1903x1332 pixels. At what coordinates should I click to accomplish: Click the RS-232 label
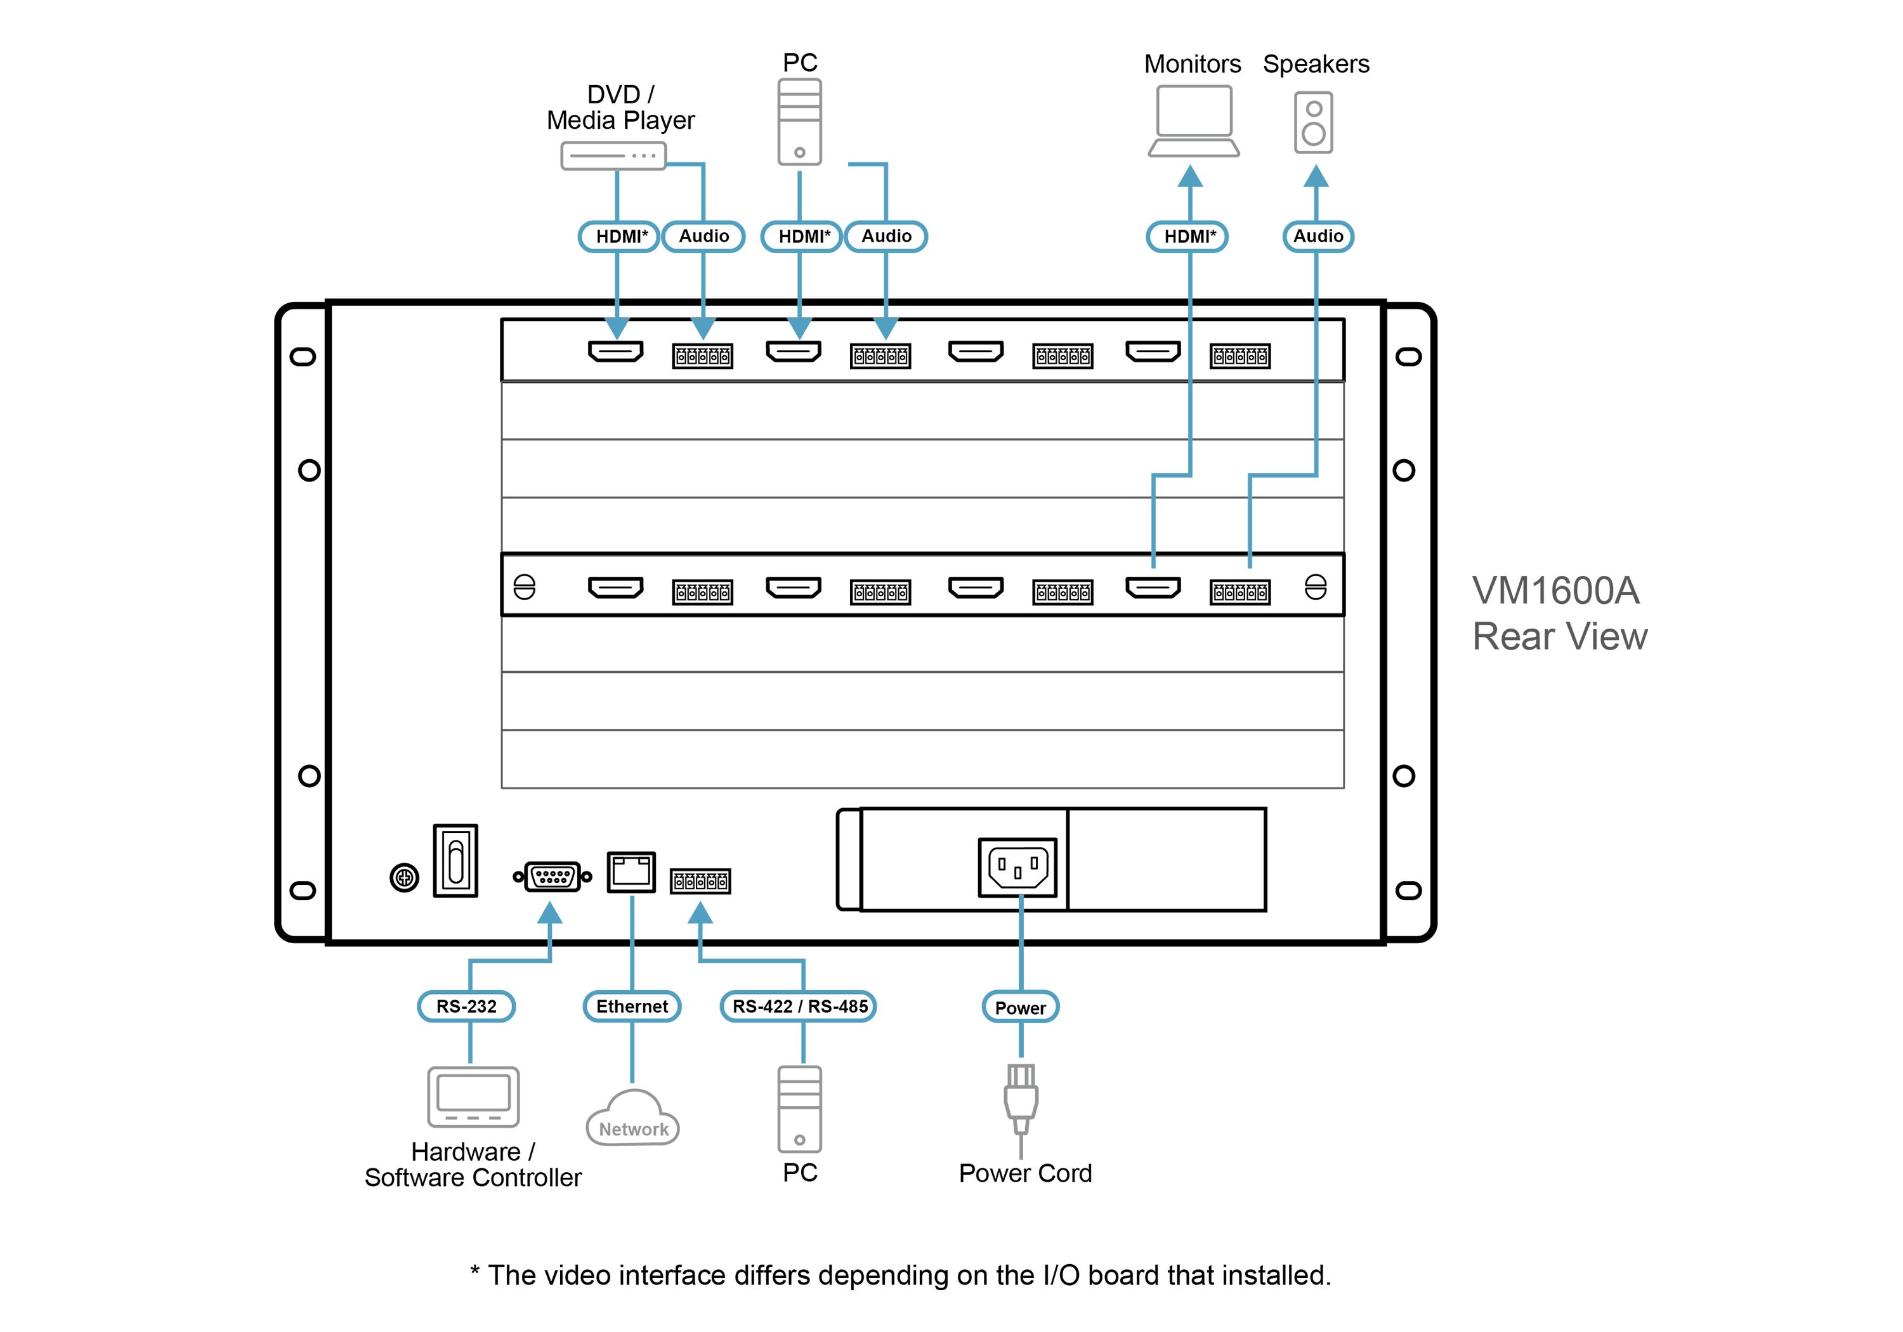coord(466,1006)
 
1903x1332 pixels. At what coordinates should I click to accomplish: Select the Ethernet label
coord(632,1006)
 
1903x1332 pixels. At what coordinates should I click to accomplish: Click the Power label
coord(1020,1008)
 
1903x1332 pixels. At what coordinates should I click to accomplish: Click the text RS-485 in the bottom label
coord(838,1006)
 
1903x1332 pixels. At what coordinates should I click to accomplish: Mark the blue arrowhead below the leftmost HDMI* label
coord(617,327)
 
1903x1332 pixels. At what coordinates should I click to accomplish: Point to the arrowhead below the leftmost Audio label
coord(703,327)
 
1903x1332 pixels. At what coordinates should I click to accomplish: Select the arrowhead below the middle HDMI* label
coord(800,327)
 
